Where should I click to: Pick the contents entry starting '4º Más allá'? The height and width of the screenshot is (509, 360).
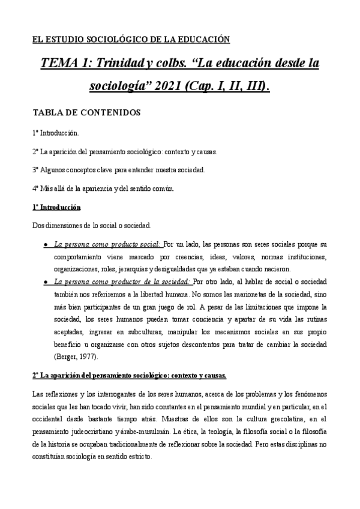tap(103, 188)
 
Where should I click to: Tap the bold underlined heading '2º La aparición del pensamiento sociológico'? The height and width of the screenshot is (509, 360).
tap(129, 375)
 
